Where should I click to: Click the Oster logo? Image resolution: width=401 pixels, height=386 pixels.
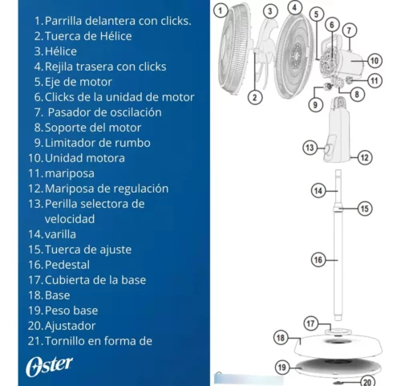click(49, 366)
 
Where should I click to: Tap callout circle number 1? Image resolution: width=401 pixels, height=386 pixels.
click(221, 10)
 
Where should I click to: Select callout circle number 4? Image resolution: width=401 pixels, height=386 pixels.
click(294, 7)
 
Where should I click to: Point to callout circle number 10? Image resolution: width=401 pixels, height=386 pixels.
click(375, 61)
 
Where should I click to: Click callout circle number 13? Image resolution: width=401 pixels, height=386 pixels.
click(310, 148)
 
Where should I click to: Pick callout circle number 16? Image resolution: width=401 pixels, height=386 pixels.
click(318, 260)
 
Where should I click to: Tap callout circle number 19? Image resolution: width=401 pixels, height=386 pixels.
click(282, 368)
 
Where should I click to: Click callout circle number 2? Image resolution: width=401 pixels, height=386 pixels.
click(254, 97)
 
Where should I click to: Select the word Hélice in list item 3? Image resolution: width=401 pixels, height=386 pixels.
click(61, 51)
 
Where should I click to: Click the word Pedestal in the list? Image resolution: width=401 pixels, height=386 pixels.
click(67, 265)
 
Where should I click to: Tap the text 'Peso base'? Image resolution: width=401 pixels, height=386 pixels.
click(71, 311)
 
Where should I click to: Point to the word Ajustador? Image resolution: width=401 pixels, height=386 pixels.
click(70, 326)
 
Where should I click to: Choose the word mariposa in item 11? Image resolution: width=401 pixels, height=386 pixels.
click(70, 174)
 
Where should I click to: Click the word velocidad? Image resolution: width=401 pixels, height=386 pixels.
click(70, 219)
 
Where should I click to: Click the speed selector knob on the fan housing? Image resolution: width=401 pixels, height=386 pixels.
click(327, 148)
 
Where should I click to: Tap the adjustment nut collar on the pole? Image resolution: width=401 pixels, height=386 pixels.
click(338, 208)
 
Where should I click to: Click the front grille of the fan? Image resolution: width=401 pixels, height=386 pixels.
click(235, 48)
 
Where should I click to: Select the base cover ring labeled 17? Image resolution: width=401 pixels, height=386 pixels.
click(338, 332)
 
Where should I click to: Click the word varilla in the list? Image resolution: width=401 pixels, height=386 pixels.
click(60, 234)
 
